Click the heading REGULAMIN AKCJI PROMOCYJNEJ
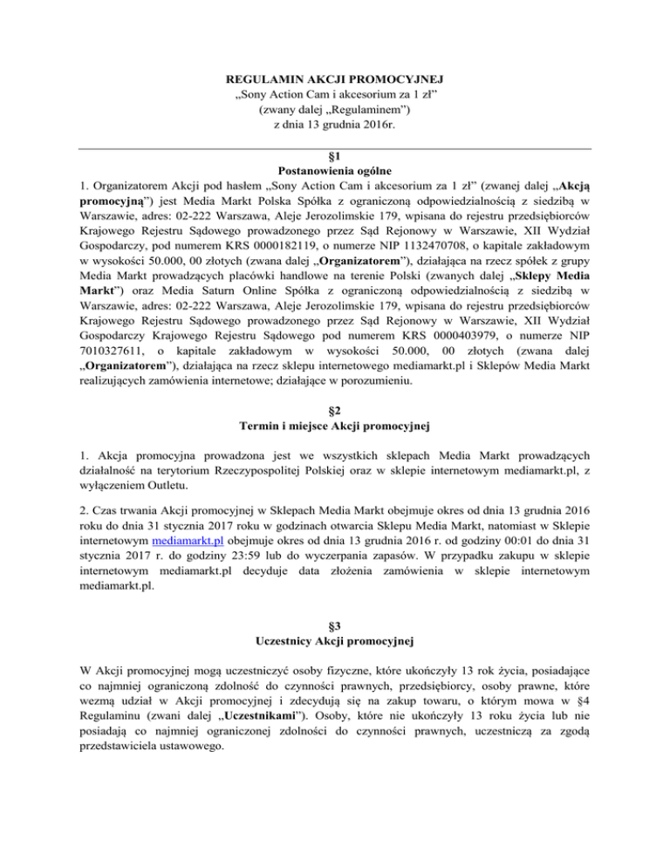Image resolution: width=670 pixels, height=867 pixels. [335, 80]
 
